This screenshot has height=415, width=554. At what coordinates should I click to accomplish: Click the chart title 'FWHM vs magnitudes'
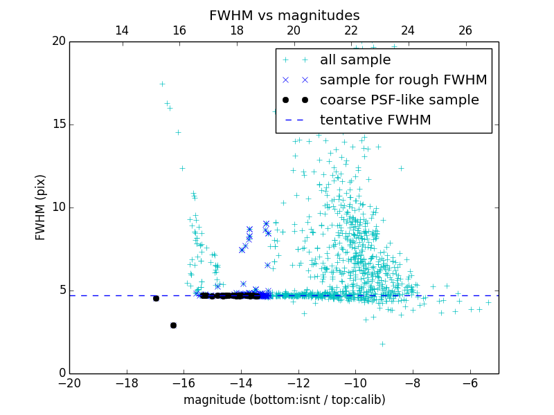(x=284, y=15)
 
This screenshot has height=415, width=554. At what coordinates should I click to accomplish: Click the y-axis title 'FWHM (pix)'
(x=40, y=207)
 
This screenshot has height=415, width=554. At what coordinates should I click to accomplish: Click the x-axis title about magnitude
(x=284, y=400)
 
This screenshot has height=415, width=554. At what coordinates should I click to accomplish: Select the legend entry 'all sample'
(x=355, y=60)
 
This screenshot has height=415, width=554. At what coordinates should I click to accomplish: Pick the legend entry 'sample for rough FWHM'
(x=403, y=80)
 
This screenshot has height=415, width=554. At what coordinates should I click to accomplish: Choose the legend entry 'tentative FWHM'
(x=375, y=120)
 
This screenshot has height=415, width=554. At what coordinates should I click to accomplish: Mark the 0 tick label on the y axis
(x=61, y=373)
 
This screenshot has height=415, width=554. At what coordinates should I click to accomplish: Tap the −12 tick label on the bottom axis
(x=298, y=383)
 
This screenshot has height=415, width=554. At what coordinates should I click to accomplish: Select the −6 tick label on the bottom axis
(x=470, y=383)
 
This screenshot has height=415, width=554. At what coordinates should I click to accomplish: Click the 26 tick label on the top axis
(x=465, y=30)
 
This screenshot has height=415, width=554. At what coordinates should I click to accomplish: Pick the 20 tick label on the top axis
(x=294, y=30)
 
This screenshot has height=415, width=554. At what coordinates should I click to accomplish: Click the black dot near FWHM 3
(x=173, y=325)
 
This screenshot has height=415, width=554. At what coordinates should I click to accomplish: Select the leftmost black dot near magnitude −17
(x=156, y=298)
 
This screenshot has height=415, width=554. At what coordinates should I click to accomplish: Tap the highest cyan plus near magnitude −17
(x=162, y=84)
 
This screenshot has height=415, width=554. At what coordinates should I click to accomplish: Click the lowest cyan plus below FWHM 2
(x=382, y=344)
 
